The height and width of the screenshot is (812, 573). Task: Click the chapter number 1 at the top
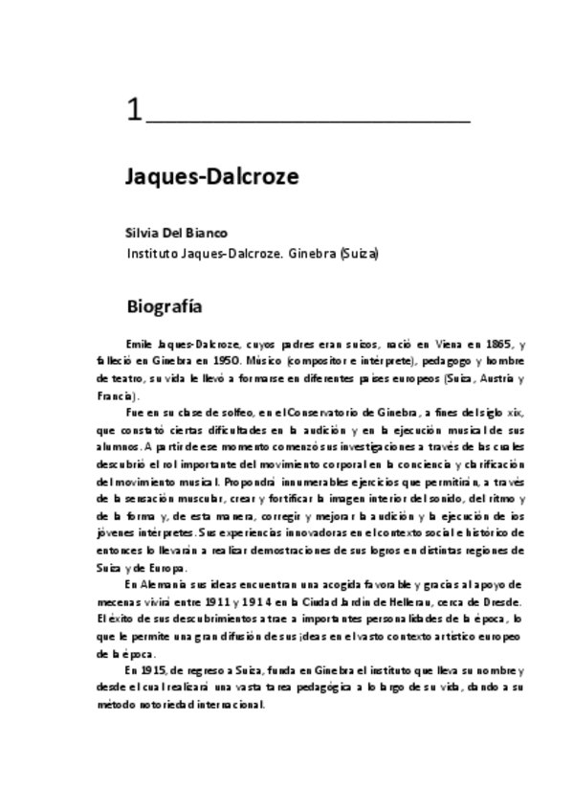pos(133,111)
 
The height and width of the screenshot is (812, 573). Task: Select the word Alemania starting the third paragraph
pos(162,585)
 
